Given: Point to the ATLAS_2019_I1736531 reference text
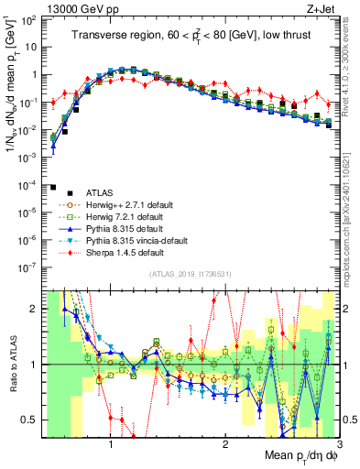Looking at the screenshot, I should [190, 274].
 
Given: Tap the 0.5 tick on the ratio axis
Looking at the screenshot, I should [30, 420].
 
